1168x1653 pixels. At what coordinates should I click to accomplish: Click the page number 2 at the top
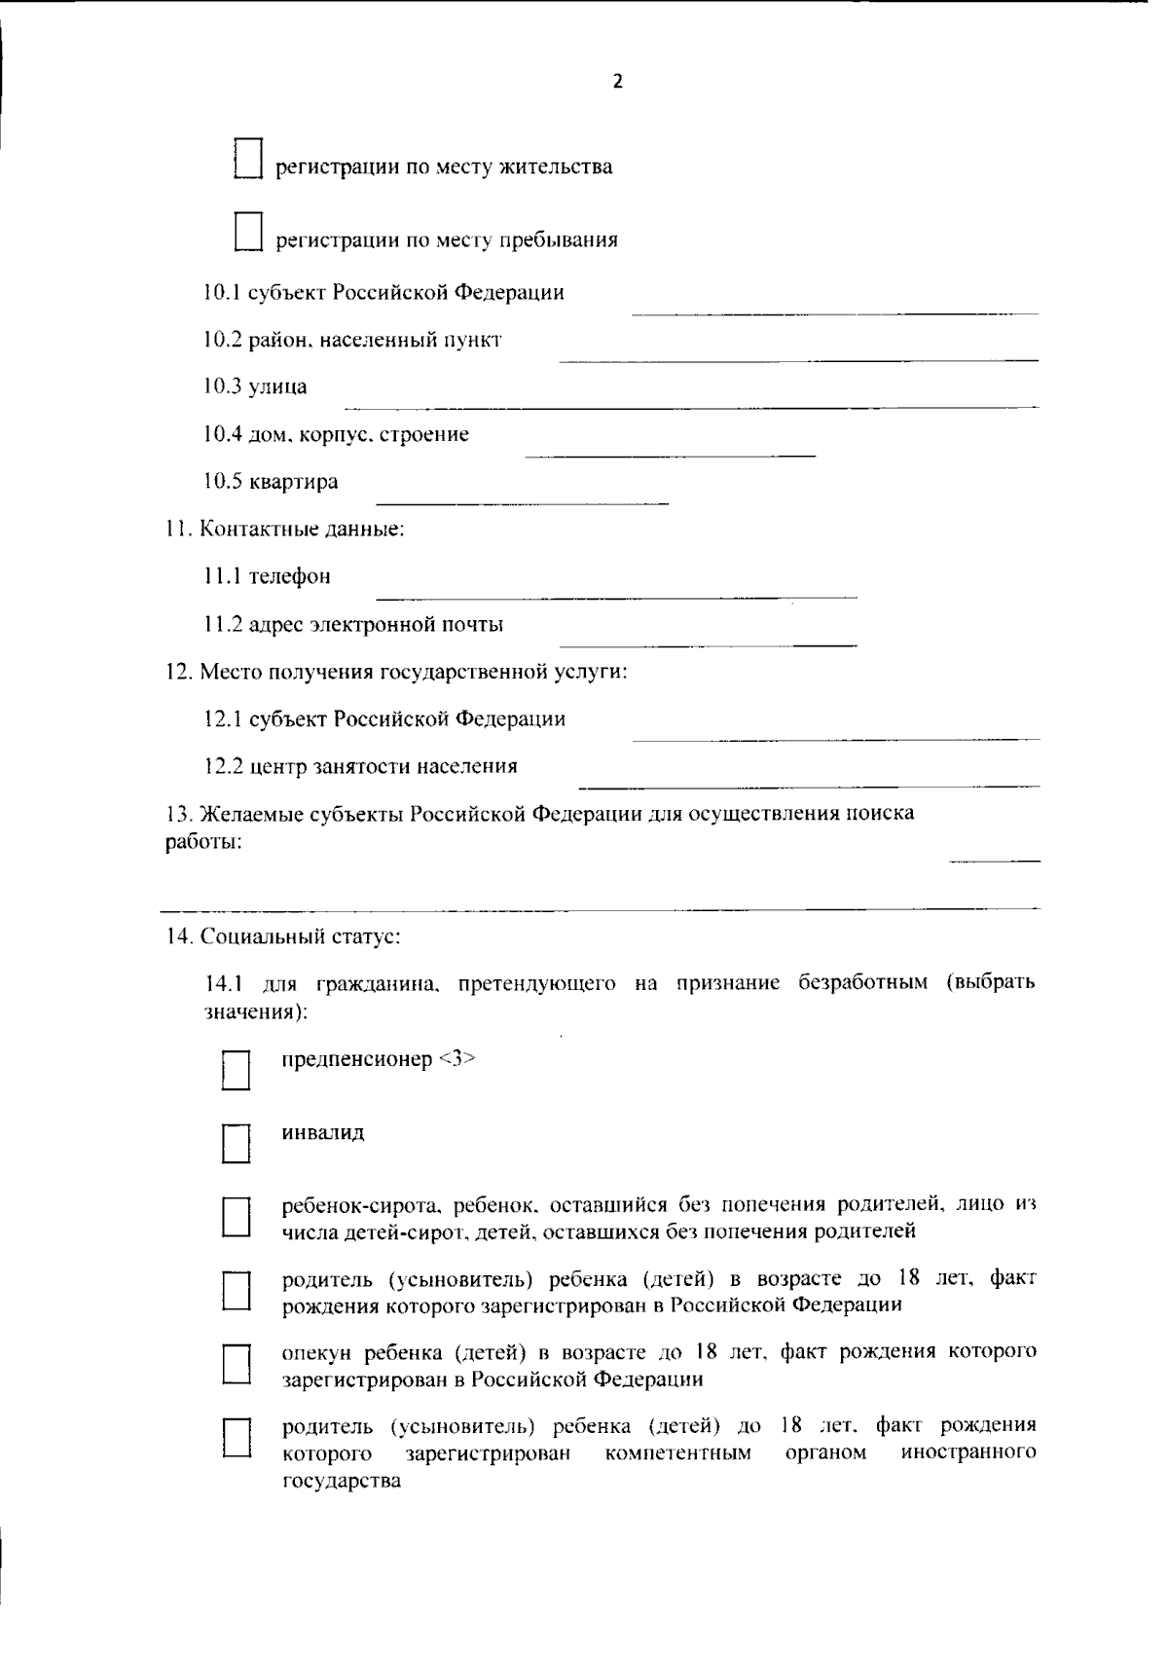tap(617, 82)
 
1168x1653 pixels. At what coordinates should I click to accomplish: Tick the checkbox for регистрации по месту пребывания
tap(249, 232)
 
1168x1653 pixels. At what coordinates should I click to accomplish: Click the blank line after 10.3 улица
tap(691, 405)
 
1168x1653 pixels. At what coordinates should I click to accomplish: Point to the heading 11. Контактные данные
tap(284, 530)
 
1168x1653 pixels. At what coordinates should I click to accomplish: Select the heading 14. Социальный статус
tap(283, 937)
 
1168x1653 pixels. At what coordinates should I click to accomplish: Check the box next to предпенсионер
tap(237, 1069)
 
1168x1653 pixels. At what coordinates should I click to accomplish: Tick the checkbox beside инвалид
tap(237, 1143)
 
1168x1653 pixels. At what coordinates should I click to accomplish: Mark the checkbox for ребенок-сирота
tap(237, 1216)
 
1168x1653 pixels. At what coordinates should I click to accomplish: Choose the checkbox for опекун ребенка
tap(237, 1364)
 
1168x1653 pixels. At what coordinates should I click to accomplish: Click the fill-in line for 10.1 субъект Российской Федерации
tap(835, 312)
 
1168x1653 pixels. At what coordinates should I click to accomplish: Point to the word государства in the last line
tap(342, 1482)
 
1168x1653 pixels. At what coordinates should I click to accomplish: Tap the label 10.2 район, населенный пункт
tap(352, 340)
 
